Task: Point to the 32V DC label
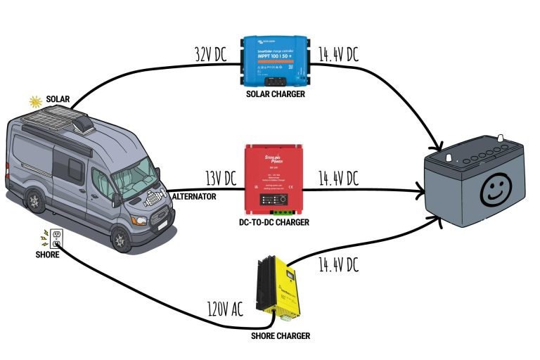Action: pyautogui.click(x=211, y=53)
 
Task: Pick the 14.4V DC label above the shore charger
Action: pyautogui.click(x=338, y=264)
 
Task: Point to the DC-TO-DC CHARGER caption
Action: pyautogui.click(x=274, y=222)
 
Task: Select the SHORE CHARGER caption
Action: pyautogui.click(x=281, y=336)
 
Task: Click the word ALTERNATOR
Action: pyautogui.click(x=194, y=197)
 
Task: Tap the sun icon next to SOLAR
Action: pyautogui.click(x=35, y=101)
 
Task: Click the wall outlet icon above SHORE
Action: pyautogui.click(x=57, y=237)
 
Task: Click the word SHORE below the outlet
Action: pyautogui.click(x=47, y=255)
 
